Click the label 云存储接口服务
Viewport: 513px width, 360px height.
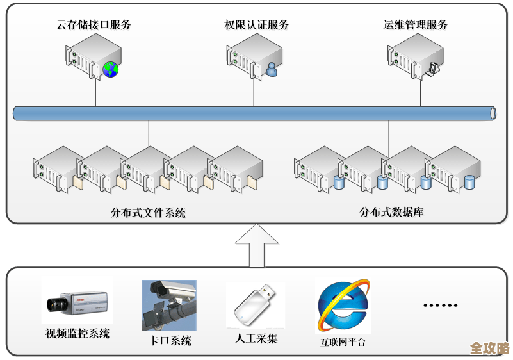[94, 26]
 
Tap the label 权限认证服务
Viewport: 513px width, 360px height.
[256, 26]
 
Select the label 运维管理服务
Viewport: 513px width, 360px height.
[415, 26]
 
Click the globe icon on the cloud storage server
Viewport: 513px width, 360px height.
[111, 69]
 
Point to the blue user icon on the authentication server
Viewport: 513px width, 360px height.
[272, 69]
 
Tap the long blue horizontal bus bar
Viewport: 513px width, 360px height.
[255, 113]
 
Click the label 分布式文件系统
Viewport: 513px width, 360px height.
[148, 213]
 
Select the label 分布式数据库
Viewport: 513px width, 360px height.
[391, 213]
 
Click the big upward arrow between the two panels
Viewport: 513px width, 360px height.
[256, 246]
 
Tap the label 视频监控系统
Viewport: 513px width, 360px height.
[77, 334]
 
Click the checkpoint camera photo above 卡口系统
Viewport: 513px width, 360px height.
[169, 305]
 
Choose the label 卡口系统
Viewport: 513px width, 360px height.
[170, 341]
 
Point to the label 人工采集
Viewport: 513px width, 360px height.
[256, 338]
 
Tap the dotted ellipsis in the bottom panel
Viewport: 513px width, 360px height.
[440, 306]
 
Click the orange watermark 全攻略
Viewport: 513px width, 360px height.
[489, 348]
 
